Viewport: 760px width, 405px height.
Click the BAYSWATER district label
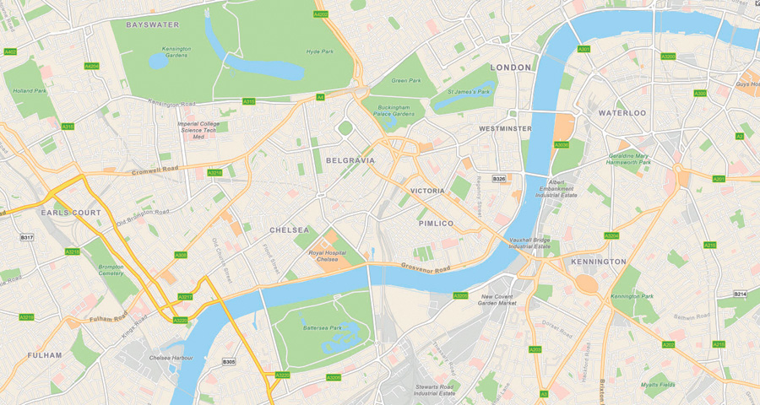point(153,24)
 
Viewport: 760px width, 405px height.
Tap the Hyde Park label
point(320,51)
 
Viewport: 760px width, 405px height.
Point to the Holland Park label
point(30,90)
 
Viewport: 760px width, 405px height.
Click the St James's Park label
point(469,90)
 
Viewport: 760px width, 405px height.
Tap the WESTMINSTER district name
point(505,128)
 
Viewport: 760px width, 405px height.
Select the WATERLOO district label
point(622,112)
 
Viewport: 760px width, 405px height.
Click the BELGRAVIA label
point(350,159)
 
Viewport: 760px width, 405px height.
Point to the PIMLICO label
point(436,223)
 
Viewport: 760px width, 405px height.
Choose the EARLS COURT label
point(71,213)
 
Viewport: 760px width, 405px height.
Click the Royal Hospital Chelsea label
point(328,256)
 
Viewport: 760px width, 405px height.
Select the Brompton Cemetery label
point(111,270)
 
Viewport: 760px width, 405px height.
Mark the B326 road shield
point(499,178)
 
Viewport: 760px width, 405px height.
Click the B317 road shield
point(27,238)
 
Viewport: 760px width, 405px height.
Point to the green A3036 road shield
point(562,144)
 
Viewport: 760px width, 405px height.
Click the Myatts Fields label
point(658,385)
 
